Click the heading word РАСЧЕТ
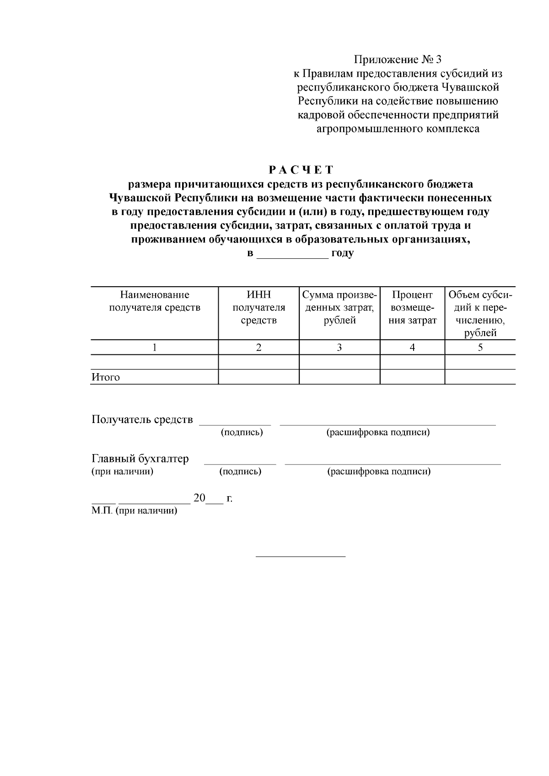(x=301, y=170)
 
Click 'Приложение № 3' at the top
(x=398, y=59)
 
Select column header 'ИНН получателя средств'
(x=258, y=307)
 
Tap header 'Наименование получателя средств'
(x=155, y=301)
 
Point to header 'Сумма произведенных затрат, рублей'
(x=339, y=307)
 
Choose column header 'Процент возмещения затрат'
(x=412, y=307)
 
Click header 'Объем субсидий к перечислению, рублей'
(x=480, y=314)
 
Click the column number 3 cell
(x=339, y=348)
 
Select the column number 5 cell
(x=480, y=348)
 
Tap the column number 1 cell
(x=155, y=348)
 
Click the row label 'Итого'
(x=106, y=377)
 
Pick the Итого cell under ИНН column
(x=258, y=377)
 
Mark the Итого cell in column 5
(x=480, y=377)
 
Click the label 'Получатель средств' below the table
(x=142, y=419)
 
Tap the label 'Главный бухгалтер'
(x=140, y=459)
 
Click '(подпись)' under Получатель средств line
(x=242, y=433)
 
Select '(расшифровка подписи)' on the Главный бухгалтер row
(x=379, y=471)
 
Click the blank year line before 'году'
(x=292, y=254)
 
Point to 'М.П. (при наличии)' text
(x=134, y=511)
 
